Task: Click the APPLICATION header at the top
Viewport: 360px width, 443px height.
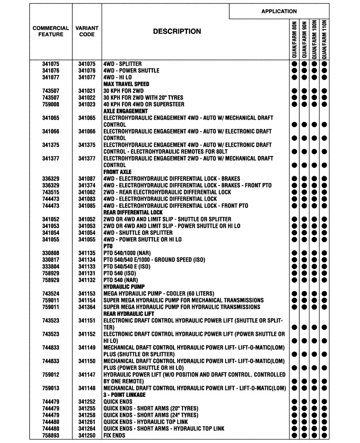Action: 279,11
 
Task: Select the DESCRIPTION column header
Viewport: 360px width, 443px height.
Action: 177,31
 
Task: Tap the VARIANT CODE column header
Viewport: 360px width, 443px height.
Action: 87,31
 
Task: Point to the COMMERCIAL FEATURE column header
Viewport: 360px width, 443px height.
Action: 51,31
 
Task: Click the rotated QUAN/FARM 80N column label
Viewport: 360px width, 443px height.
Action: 294,39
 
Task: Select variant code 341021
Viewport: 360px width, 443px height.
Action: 87,91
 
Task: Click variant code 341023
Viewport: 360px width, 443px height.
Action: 87,105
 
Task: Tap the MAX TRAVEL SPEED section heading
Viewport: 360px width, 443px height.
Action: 126,84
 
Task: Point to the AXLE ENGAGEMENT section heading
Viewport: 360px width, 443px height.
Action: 125,111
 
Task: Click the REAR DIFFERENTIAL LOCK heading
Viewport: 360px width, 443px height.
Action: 133,213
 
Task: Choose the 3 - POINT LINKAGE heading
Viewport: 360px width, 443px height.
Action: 122,395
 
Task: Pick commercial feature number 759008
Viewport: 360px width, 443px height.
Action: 51,105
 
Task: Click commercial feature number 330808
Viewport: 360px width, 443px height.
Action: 51,253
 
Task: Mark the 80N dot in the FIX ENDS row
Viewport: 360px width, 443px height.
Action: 294,435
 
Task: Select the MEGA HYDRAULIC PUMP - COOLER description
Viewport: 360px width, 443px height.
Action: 158,294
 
